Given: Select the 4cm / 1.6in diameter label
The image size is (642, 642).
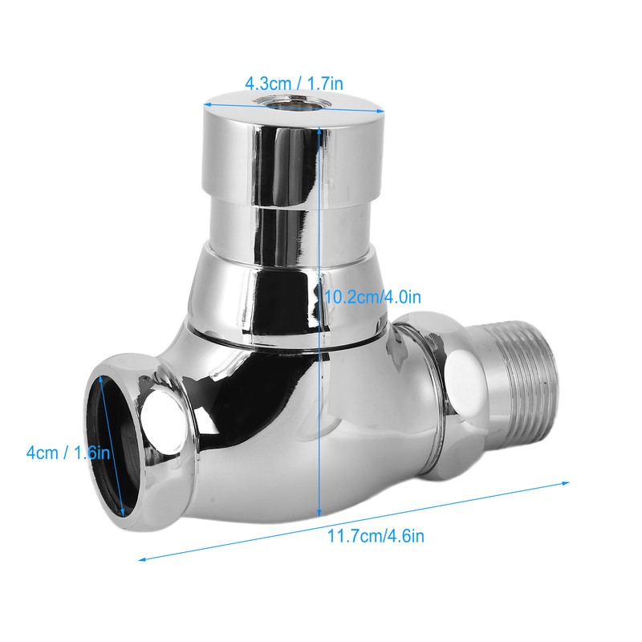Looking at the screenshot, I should click(68, 453).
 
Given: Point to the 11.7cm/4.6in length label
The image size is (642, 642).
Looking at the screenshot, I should click(375, 536).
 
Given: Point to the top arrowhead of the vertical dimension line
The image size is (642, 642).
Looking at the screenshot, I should click(320, 131).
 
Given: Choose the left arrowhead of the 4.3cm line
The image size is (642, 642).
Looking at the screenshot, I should click(205, 104).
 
